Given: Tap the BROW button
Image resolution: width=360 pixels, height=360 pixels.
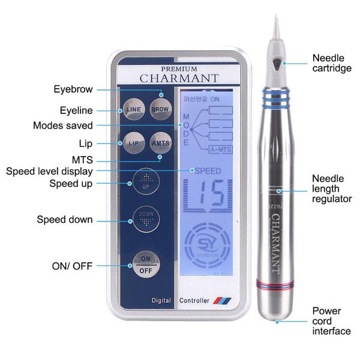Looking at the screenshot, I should (160, 110).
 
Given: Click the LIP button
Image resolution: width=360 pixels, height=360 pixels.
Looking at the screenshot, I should (133, 144).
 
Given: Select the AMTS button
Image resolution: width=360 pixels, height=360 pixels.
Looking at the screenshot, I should (160, 144).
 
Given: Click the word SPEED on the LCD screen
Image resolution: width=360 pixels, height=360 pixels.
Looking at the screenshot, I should (206, 171).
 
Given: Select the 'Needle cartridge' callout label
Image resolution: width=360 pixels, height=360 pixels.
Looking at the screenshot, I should (331, 63).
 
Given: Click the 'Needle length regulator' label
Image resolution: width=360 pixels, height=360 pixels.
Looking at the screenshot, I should (331, 188).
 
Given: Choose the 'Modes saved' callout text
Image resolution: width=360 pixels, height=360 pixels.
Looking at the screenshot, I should (63, 125).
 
